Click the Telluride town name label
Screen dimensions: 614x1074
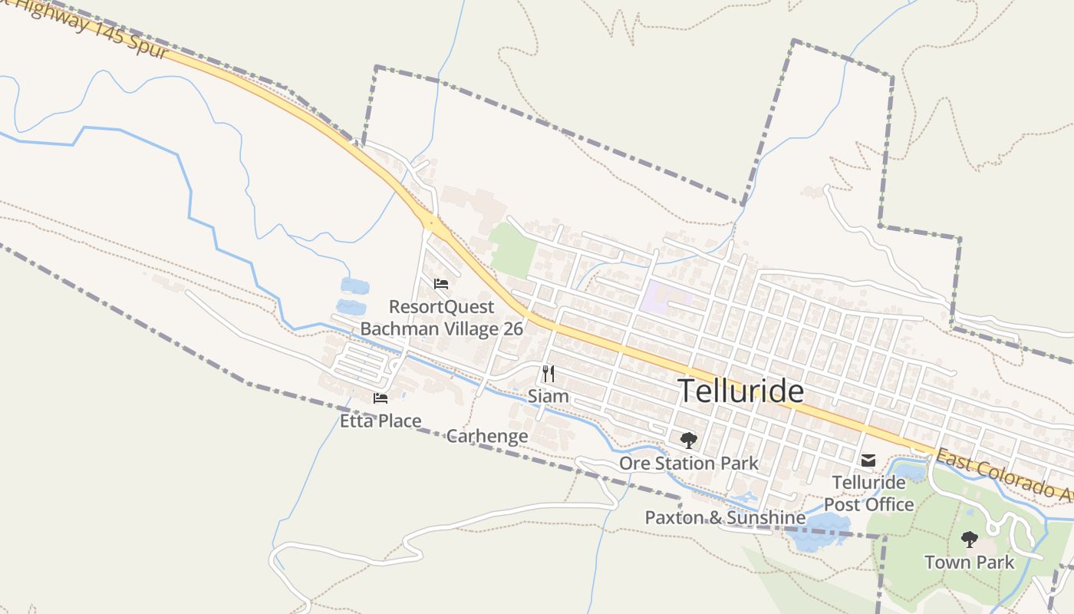click(x=742, y=391)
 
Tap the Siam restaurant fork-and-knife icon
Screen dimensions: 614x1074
click(x=549, y=374)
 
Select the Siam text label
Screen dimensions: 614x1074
click(x=549, y=396)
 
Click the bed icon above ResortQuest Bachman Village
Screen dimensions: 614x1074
click(x=441, y=284)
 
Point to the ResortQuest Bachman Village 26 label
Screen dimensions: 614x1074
click(x=442, y=318)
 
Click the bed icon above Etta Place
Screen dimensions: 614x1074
click(x=381, y=398)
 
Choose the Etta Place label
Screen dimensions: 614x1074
click(x=381, y=421)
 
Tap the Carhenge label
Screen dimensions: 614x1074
click(x=487, y=436)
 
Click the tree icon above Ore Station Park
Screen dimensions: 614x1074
click(x=689, y=441)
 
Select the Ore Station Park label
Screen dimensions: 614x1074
click(x=689, y=463)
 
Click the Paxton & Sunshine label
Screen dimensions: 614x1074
click(x=725, y=517)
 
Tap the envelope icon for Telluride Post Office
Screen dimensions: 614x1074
click(x=868, y=460)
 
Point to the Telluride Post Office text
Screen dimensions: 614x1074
click(x=869, y=494)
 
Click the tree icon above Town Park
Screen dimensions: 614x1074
click(x=970, y=540)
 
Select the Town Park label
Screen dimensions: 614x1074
click(x=970, y=562)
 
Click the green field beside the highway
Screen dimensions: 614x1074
click(x=512, y=249)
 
